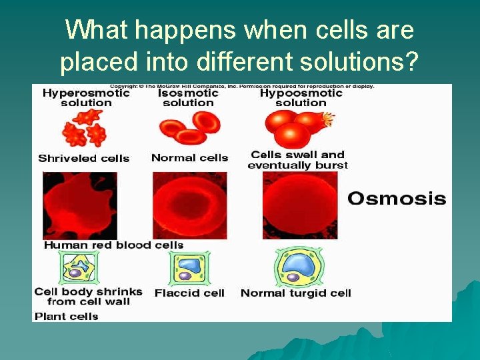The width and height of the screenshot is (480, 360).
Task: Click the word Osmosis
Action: coord(397,199)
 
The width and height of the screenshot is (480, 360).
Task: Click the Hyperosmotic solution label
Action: coord(86,98)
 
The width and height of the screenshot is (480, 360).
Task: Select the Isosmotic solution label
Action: coord(188,98)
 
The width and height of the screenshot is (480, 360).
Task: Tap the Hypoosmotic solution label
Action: coord(300,98)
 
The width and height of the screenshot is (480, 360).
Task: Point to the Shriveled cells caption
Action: coord(84,159)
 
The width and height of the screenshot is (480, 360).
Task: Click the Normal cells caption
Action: coord(189,158)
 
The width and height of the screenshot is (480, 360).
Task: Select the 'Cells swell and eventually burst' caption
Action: coord(297,160)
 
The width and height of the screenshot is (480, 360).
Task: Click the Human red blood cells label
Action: coord(113,245)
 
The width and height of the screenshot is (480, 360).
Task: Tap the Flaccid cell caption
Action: coord(189,293)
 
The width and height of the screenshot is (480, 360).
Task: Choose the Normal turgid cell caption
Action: coord(295,293)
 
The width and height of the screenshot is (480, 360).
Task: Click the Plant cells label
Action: coord(67,316)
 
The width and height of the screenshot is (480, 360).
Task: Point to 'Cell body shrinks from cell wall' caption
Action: coord(88,297)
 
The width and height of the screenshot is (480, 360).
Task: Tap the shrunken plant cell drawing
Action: coord(81,268)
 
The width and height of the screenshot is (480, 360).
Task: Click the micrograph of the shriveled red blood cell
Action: coord(79,205)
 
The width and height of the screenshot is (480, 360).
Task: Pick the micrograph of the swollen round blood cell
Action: coord(300,205)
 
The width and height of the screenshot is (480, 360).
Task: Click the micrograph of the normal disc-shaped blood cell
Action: coord(190,205)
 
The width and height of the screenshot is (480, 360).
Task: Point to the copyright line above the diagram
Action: coord(241,87)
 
